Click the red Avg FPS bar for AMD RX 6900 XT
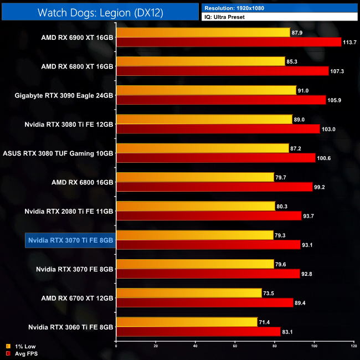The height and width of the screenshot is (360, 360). click(x=228, y=42)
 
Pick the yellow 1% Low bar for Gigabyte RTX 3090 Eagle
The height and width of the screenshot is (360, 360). click(x=206, y=90)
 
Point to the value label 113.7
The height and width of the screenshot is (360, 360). click(x=351, y=42)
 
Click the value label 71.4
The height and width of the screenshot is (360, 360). click(x=266, y=322)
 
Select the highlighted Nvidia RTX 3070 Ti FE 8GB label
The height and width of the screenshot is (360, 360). click(x=70, y=240)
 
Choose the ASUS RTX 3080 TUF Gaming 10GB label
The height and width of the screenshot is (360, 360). click(x=58, y=153)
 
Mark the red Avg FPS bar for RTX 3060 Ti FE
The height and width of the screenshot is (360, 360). click(x=198, y=331)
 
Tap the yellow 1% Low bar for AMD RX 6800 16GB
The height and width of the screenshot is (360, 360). click(x=194, y=177)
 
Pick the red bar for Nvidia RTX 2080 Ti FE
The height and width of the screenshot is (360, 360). click(x=208, y=216)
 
